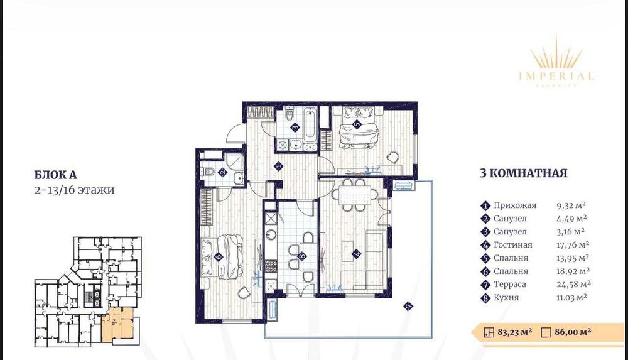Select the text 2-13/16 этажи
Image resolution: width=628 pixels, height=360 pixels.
click(x=74, y=189)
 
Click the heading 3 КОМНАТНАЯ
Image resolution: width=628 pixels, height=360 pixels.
click(x=523, y=173)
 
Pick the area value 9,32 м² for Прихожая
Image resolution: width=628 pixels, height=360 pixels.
click(x=570, y=205)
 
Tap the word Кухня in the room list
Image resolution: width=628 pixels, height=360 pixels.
click(x=507, y=298)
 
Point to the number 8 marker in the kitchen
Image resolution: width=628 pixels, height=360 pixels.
click(x=302, y=256)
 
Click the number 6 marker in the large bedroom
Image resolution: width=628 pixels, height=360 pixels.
click(x=217, y=256)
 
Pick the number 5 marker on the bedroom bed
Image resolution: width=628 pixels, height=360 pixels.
click(x=357, y=124)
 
